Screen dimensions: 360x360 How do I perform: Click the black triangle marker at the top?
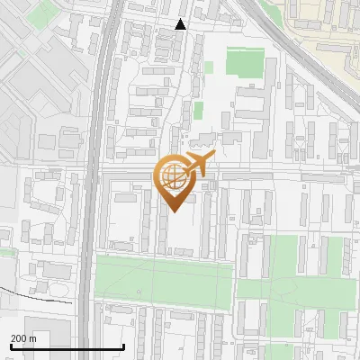(181, 24)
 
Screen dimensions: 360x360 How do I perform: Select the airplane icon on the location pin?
(200, 165)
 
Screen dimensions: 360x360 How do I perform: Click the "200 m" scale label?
(23, 338)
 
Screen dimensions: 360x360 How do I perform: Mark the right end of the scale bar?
(123, 347)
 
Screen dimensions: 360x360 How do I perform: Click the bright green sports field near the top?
(244, 62)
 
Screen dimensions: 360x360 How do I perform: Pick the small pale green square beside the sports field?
(209, 67)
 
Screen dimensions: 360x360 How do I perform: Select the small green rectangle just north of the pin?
(198, 110)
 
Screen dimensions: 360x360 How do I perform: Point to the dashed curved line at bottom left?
(36, 298)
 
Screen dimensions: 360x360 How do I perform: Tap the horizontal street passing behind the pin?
(270, 172)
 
